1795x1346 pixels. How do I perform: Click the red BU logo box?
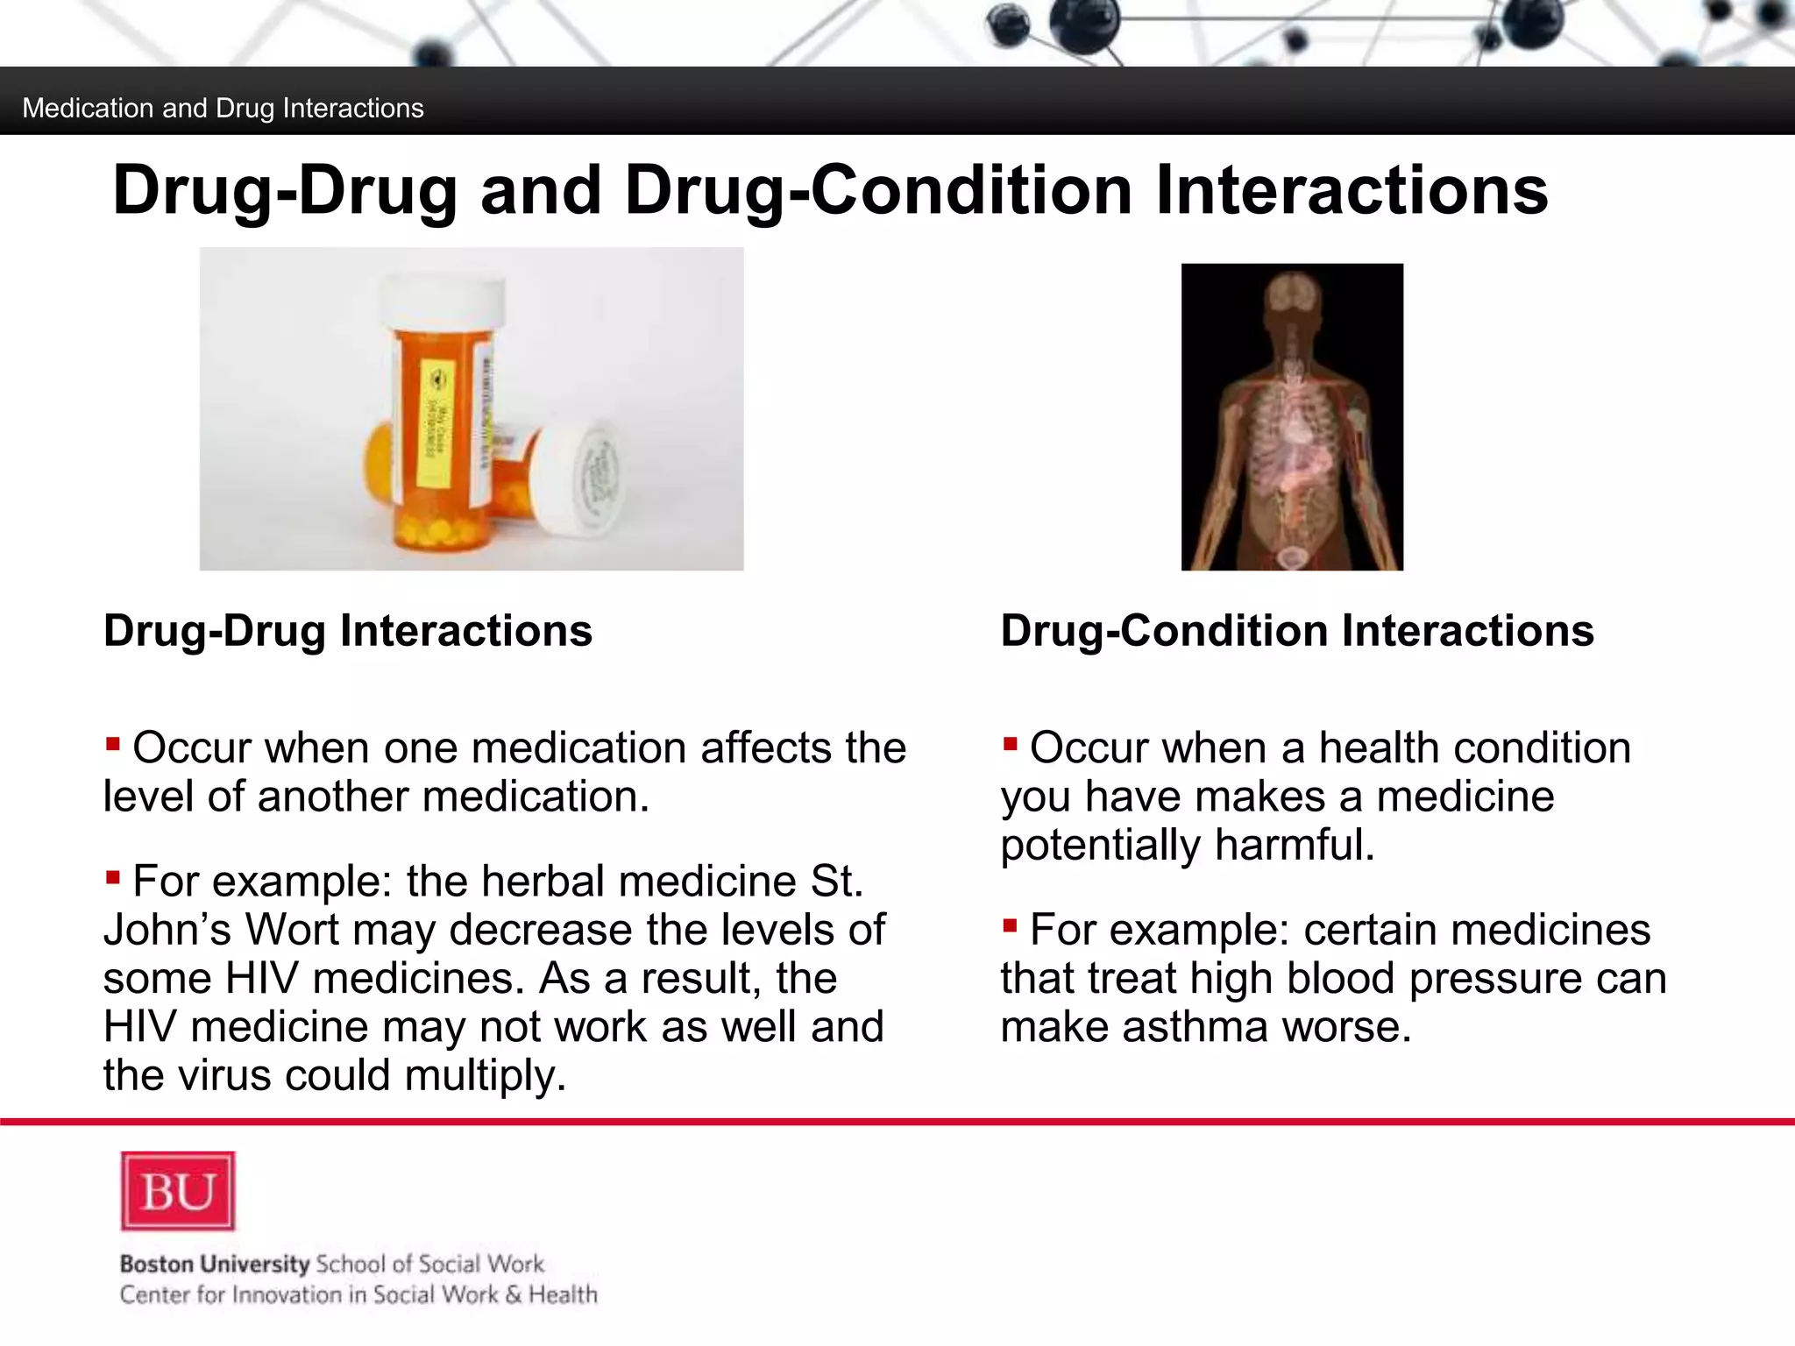click(x=178, y=1191)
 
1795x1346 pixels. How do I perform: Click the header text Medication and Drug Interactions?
click(x=223, y=109)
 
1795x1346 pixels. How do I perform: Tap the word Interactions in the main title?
click(x=1352, y=190)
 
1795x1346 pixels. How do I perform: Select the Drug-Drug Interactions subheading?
click(x=348, y=631)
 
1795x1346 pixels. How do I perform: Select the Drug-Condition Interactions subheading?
click(x=1297, y=631)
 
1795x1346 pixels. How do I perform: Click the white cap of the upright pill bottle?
click(x=443, y=301)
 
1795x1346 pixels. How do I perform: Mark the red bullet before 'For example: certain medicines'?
click(x=1010, y=925)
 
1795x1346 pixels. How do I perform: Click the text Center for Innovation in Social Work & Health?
click(x=358, y=1295)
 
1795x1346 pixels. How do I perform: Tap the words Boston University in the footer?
click(x=215, y=1264)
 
